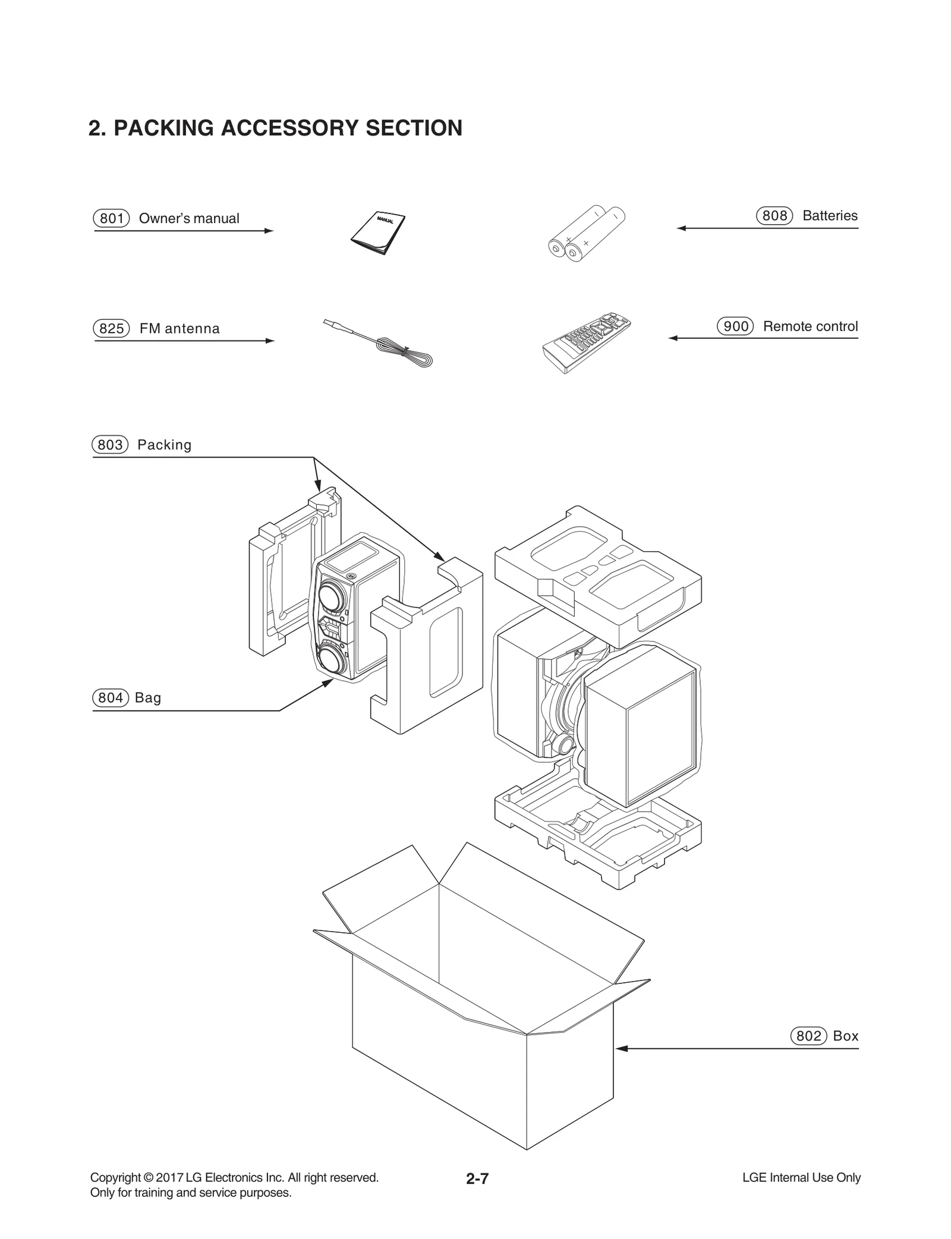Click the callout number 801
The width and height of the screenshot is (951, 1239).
click(x=111, y=218)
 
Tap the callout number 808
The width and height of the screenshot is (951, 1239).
click(x=774, y=215)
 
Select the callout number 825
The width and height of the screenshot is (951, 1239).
click(x=111, y=328)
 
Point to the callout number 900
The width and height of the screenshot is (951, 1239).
click(x=735, y=326)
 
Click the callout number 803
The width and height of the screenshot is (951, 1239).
click(x=110, y=445)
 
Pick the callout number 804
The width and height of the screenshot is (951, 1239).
click(x=110, y=697)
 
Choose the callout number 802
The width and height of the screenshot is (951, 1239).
click(x=808, y=1036)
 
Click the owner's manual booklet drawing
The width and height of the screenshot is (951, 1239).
click(x=379, y=232)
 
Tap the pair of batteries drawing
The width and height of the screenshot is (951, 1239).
click(x=585, y=234)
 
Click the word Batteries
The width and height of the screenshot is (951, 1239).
click(x=830, y=215)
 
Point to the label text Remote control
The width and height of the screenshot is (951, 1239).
click(x=810, y=326)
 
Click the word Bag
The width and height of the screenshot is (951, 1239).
click(x=148, y=697)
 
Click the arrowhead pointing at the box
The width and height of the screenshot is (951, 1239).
click(x=621, y=1048)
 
